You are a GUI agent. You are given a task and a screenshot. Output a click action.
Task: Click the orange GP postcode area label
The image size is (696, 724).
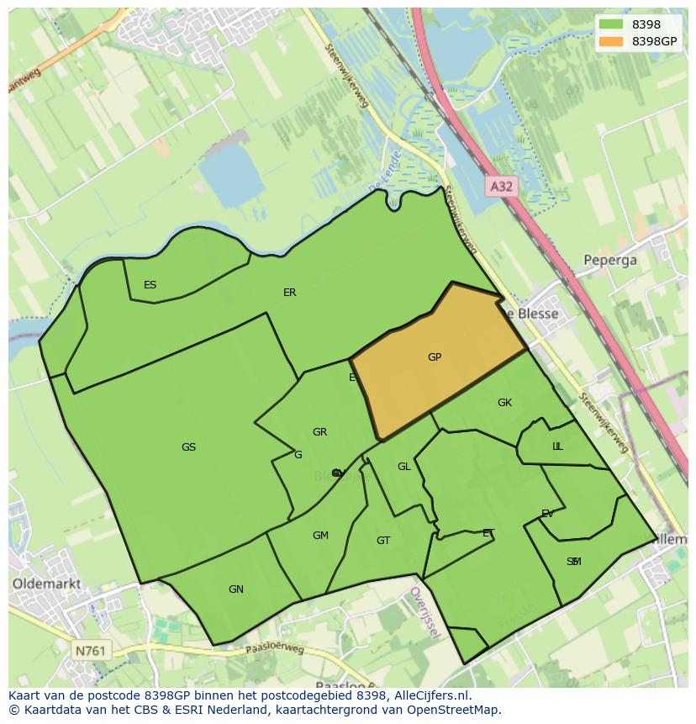point(435,357)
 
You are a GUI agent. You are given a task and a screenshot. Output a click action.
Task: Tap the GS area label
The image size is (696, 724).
point(188,447)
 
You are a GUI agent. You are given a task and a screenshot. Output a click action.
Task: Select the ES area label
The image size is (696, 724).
point(150,285)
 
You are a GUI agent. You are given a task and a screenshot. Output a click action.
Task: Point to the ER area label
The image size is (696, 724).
point(290,293)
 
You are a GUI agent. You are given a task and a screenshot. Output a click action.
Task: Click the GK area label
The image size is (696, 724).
point(504,403)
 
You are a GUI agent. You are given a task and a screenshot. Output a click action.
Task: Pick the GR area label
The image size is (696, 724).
point(319,432)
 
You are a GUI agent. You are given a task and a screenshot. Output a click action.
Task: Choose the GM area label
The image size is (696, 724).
point(320,536)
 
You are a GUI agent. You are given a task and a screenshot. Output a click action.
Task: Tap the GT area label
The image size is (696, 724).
point(383,541)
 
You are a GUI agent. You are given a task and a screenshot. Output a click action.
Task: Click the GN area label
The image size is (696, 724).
point(236,589)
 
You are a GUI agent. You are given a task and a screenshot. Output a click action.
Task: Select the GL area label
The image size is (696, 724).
point(404,467)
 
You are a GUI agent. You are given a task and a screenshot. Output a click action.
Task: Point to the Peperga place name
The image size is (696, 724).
point(610,260)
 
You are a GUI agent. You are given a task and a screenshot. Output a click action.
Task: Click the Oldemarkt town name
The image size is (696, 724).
point(47,583)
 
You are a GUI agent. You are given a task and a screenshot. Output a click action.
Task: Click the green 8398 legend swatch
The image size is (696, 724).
point(611,25)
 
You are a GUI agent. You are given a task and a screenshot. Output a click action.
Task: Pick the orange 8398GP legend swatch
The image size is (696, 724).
point(611,41)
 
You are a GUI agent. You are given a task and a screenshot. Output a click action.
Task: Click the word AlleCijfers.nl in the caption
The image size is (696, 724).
point(429,695)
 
